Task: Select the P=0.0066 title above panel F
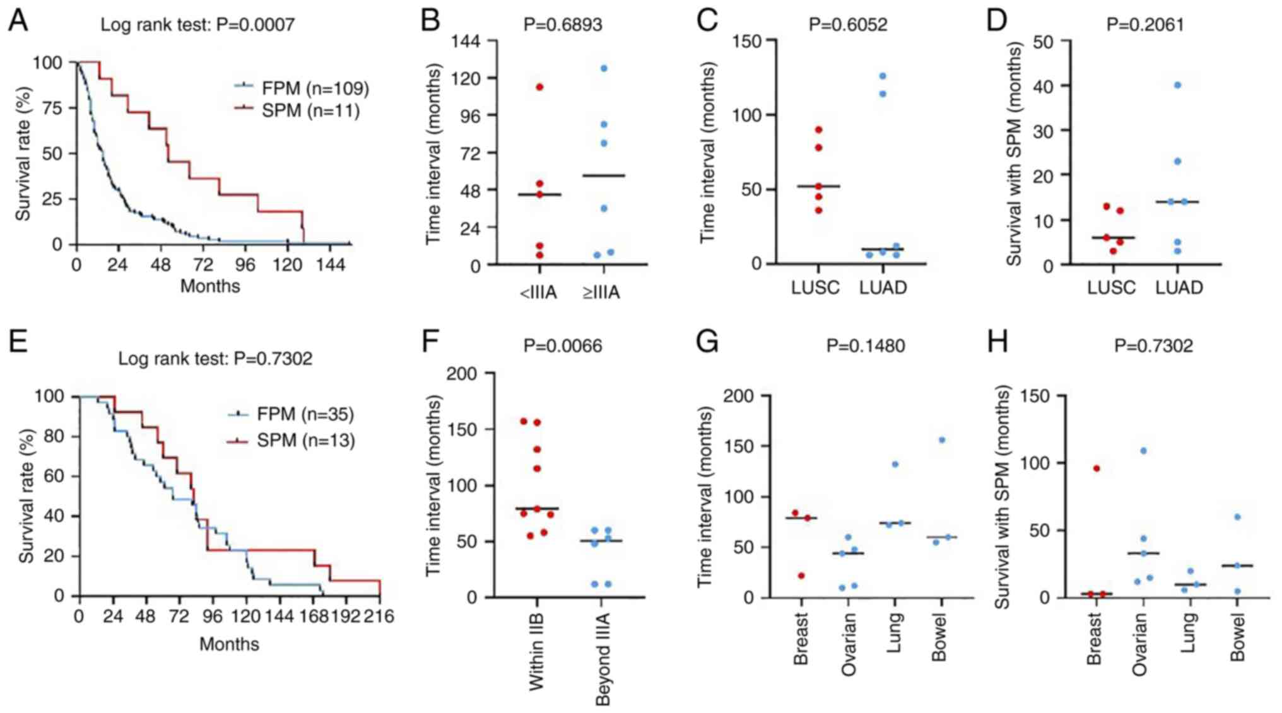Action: [x=563, y=345]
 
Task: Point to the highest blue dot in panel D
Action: [x=1177, y=85]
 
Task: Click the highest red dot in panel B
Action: [x=539, y=87]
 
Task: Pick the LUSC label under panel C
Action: [x=815, y=287]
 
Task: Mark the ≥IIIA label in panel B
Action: [x=601, y=293]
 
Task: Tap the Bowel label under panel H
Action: [x=1237, y=637]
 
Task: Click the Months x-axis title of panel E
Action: [x=229, y=644]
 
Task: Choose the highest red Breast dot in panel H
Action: [x=1097, y=468]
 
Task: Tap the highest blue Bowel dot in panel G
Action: [x=942, y=440]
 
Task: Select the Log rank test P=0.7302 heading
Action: [x=215, y=358]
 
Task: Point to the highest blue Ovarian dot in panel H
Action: [x=1143, y=451]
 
